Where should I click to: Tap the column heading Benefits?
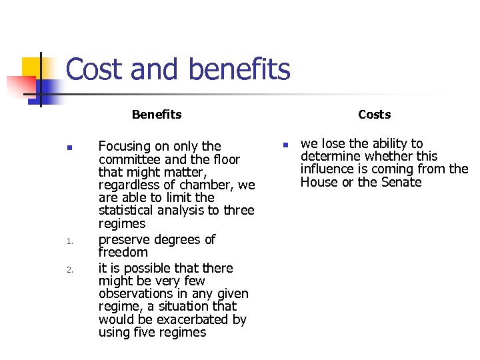tap(157, 115)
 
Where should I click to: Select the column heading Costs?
tap(374, 115)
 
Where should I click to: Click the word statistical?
tap(130, 211)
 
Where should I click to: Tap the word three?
tap(239, 211)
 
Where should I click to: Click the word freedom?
tap(123, 252)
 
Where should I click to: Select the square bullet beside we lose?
tap(283, 145)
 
